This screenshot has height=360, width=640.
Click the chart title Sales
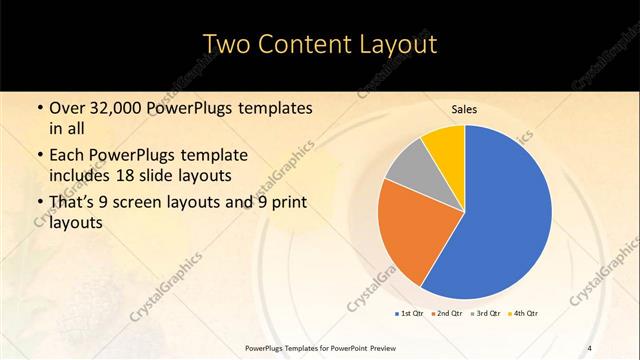pyautogui.click(x=464, y=109)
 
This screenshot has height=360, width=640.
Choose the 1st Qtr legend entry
pyautogui.click(x=410, y=314)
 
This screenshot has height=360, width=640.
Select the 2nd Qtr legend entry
pyautogui.click(x=447, y=314)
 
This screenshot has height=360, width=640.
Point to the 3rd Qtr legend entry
pyautogui.click(x=486, y=314)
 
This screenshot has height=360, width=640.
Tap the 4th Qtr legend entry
pyautogui.click(x=524, y=314)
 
